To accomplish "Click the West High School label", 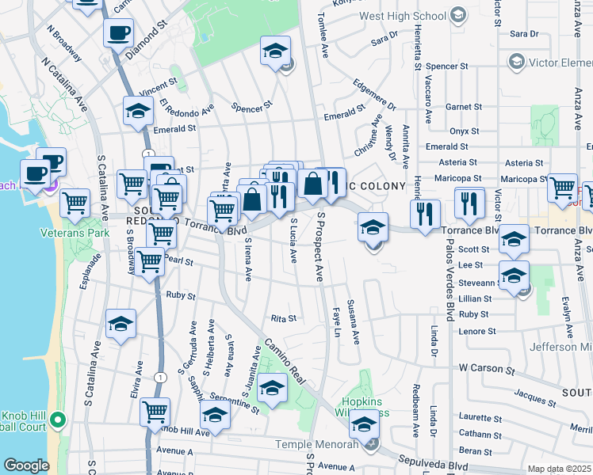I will tap(402, 15).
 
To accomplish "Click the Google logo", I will tap(26, 465).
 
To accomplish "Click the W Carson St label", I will tap(487, 368).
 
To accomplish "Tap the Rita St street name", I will tap(283, 318).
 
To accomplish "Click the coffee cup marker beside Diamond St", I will tap(118, 33).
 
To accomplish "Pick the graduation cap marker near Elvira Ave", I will tap(121, 324).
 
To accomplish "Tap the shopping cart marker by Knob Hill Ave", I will tap(155, 412).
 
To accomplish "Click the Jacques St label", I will tap(534, 393).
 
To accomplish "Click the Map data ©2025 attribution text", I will tap(559, 469).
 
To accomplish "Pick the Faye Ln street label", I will tap(336, 321).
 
